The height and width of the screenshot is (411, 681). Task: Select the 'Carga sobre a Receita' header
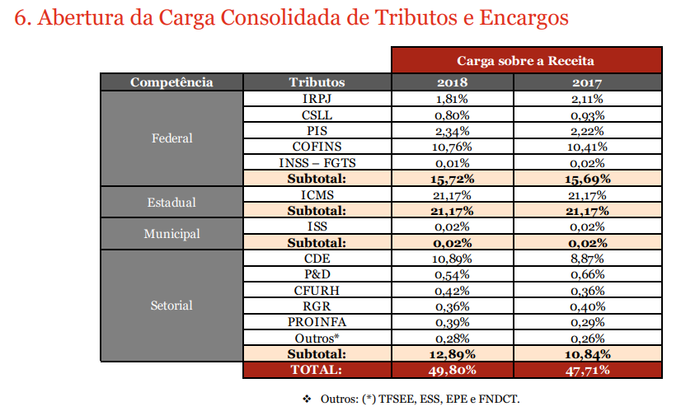pyautogui.click(x=526, y=60)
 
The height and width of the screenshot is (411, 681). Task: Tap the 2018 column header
pyautogui.click(x=452, y=82)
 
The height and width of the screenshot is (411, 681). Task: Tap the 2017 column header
pyautogui.click(x=587, y=82)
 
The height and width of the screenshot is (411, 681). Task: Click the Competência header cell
pyautogui.click(x=171, y=82)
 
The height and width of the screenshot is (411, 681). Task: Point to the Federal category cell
pyautogui.click(x=171, y=138)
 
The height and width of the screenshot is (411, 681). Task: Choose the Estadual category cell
pyautogui.click(x=171, y=202)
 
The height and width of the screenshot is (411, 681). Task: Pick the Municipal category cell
pyautogui.click(x=171, y=234)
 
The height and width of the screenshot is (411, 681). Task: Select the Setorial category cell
pyautogui.click(x=171, y=306)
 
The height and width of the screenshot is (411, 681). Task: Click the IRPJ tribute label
pyautogui.click(x=317, y=99)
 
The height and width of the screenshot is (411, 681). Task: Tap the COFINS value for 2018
pyautogui.click(x=452, y=147)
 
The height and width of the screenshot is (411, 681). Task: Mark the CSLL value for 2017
pyautogui.click(x=587, y=115)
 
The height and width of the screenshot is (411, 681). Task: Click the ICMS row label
pyautogui.click(x=317, y=195)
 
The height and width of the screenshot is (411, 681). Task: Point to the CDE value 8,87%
pyautogui.click(x=587, y=258)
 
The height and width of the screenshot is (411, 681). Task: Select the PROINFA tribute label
pyautogui.click(x=317, y=322)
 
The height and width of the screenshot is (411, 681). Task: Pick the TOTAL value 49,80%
pyautogui.click(x=452, y=370)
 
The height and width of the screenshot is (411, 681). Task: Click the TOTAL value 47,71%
pyautogui.click(x=587, y=370)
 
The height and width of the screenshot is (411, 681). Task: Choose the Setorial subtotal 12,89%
pyautogui.click(x=452, y=354)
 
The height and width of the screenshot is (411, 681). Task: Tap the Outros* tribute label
pyautogui.click(x=317, y=339)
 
